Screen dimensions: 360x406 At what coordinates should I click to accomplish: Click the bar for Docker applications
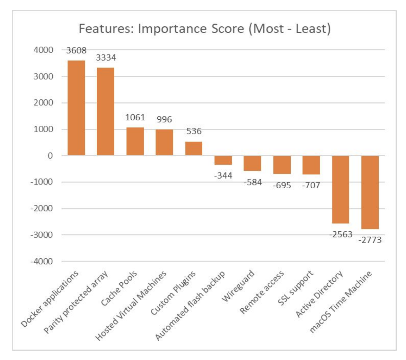click(x=76, y=108)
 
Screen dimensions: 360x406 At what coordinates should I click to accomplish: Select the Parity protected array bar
click(x=105, y=112)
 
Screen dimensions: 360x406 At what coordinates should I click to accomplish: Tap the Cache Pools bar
click(x=135, y=141)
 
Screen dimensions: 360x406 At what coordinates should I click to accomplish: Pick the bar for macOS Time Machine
click(x=370, y=192)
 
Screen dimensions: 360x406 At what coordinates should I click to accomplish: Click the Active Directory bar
click(x=340, y=189)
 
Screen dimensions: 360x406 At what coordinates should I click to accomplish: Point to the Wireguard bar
click(x=252, y=163)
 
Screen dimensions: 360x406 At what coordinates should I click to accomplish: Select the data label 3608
click(x=76, y=50)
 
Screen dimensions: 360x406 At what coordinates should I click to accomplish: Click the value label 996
click(x=164, y=119)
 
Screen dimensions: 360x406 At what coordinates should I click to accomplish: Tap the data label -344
click(x=223, y=176)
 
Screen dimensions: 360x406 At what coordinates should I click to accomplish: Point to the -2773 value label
click(x=370, y=240)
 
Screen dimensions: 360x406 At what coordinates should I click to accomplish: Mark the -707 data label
click(x=311, y=185)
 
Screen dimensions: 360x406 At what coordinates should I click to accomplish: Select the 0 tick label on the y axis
click(x=50, y=156)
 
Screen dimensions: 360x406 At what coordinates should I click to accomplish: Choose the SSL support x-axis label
click(x=296, y=288)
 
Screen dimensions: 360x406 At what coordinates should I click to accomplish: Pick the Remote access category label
click(x=262, y=292)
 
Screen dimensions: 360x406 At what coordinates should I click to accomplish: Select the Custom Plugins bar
click(x=194, y=149)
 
